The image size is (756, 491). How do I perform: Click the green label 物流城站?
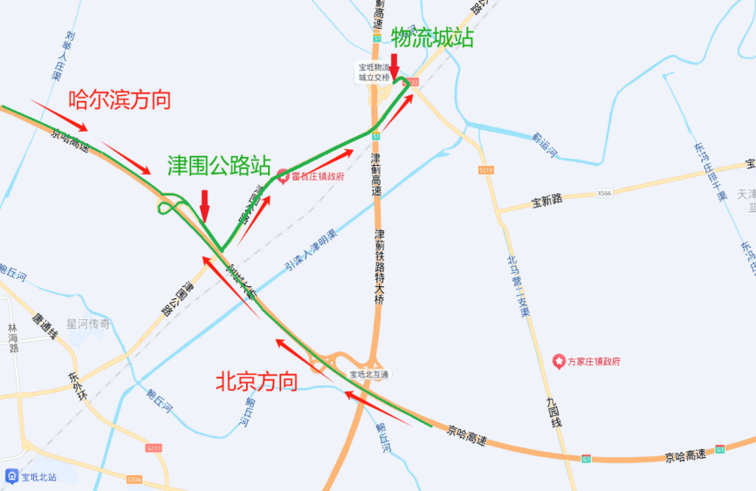click(432, 38)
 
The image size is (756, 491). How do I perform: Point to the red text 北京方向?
click(256, 381)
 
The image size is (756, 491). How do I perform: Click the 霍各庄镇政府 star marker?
click(283, 176)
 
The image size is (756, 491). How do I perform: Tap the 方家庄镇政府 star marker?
click(559, 360)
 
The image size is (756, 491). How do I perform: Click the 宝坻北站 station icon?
click(11, 476)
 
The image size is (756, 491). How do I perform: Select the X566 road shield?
click(606, 193)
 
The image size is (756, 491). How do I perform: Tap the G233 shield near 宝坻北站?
click(154, 447)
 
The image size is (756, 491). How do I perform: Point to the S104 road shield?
click(134, 479)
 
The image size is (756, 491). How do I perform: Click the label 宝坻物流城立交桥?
click(375, 72)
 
